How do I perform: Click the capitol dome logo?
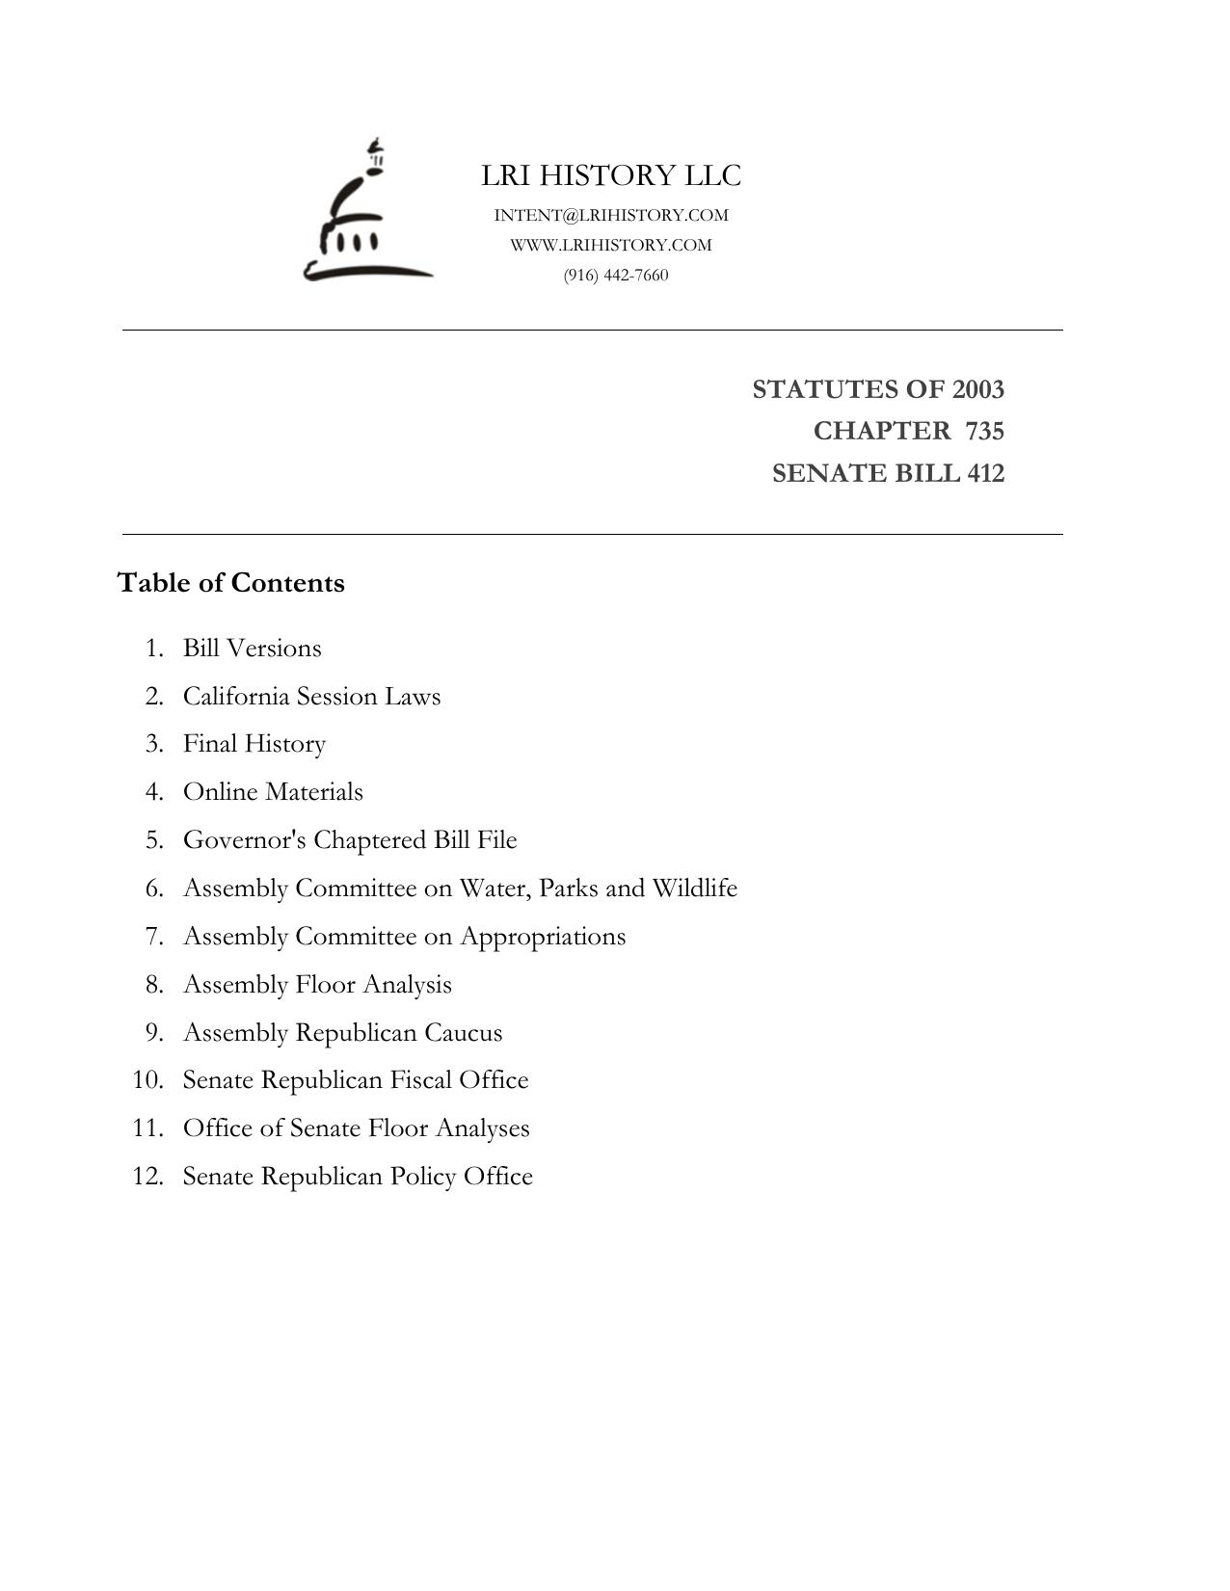(366, 212)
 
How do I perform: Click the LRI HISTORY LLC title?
(611, 175)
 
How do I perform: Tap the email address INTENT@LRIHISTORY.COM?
(611, 215)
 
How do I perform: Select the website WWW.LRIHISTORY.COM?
(611, 245)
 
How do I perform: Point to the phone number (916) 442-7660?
(616, 275)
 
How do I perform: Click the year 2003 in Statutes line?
(977, 389)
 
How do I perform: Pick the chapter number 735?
(984, 431)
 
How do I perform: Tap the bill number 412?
(984, 473)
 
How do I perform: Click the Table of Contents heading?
(230, 583)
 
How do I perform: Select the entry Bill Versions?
(253, 648)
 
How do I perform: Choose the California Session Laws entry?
(311, 696)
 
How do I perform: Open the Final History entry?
(254, 744)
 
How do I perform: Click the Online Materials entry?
(273, 792)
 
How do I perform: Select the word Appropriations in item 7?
(543, 937)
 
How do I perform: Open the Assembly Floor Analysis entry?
(317, 985)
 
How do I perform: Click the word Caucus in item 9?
(463, 1033)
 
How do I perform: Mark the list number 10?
(147, 1080)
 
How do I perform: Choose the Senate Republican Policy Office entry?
(358, 1177)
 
